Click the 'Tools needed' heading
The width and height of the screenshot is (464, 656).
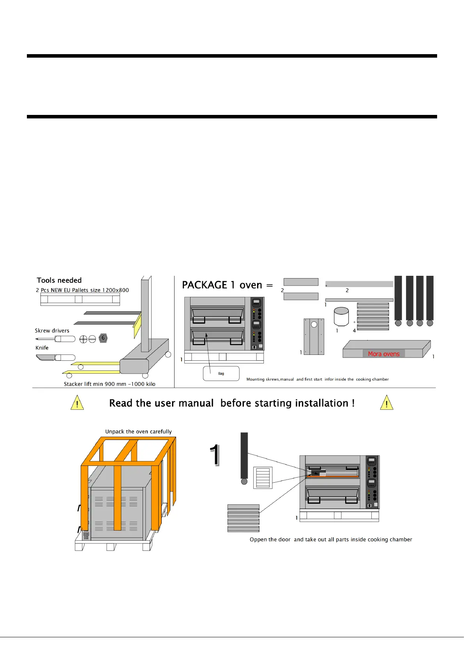(x=59, y=280)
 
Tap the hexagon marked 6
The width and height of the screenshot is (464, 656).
(x=103, y=338)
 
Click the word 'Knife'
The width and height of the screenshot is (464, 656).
(x=42, y=348)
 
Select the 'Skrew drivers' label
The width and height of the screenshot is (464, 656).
(x=52, y=331)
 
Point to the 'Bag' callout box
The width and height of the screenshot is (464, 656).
(x=221, y=374)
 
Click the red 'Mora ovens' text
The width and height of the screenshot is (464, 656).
(x=384, y=354)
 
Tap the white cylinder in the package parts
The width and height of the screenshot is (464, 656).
(x=341, y=317)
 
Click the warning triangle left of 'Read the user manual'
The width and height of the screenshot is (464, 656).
(x=77, y=403)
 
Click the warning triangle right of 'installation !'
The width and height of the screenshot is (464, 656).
(x=386, y=403)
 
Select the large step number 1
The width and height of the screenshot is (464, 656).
(x=214, y=455)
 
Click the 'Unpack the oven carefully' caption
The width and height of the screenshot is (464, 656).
(x=138, y=432)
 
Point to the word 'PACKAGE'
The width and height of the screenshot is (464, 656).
(x=205, y=285)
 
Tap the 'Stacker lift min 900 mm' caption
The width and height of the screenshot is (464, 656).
(x=109, y=384)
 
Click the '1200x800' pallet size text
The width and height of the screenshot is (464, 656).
(x=115, y=290)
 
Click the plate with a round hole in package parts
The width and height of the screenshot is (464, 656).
(x=314, y=336)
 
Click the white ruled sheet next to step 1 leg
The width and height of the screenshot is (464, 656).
(x=263, y=478)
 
